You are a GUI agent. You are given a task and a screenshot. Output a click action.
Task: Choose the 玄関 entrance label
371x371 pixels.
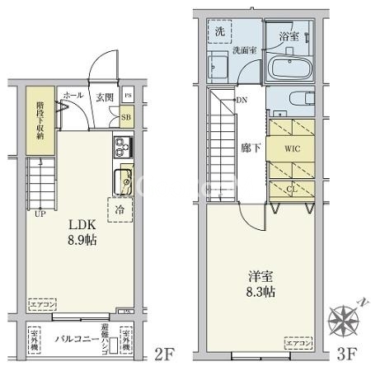[x=104, y=96]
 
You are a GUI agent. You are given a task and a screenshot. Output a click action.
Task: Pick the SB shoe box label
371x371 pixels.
[x=126, y=117]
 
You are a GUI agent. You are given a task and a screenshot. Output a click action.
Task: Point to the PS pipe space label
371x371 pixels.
[x=127, y=96]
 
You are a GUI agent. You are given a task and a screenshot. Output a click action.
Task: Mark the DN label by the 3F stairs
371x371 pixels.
[x=242, y=101]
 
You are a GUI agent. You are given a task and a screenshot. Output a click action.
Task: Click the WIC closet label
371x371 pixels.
[x=292, y=150]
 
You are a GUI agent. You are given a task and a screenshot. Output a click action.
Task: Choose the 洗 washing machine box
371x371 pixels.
[x=220, y=31]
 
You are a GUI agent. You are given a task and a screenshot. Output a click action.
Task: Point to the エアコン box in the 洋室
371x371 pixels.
[x=298, y=341]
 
